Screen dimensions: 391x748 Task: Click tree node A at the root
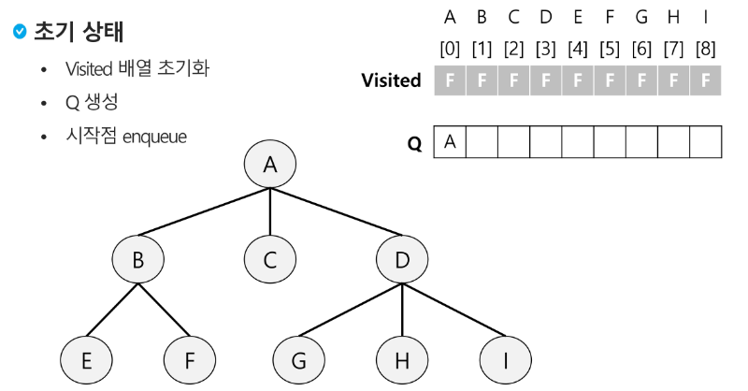point(270,166)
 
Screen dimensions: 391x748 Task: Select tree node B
point(137,260)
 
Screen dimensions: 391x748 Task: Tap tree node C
point(270,260)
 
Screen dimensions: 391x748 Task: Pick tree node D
point(403,260)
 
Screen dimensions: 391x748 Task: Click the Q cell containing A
point(450,142)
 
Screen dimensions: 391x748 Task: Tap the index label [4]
point(578,47)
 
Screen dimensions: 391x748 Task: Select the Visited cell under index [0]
point(450,80)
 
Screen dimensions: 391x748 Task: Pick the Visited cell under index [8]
point(706,80)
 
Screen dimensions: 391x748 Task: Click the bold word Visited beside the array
point(391,80)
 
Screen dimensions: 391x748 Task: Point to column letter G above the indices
point(641,16)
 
